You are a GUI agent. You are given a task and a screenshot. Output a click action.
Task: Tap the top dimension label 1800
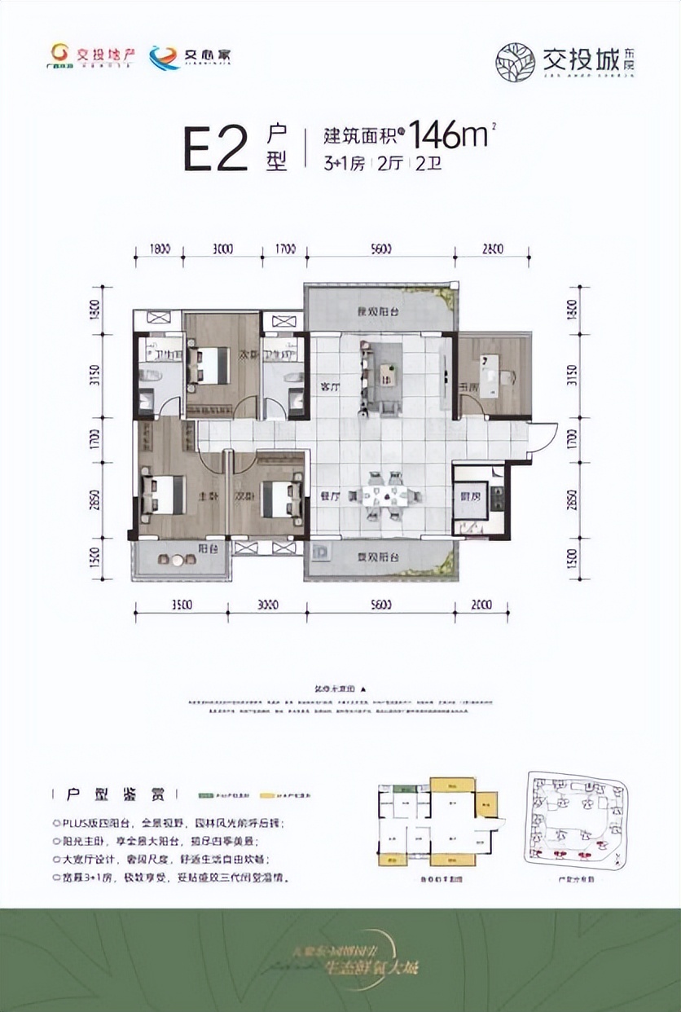(x=160, y=249)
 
